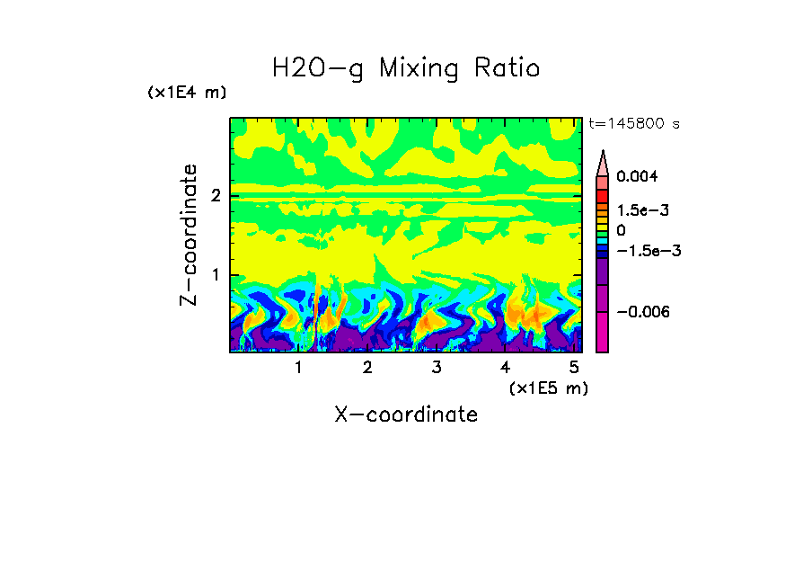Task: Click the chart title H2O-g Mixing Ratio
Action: pos(406,68)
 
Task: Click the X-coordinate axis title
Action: pos(406,414)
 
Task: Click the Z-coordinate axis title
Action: pos(189,235)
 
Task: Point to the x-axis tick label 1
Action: pos(298,368)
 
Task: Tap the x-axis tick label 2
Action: pos(367,368)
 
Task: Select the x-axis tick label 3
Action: pos(436,368)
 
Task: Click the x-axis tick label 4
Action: pos(505,368)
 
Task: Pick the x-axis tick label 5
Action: pos(573,368)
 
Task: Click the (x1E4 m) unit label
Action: pos(187,93)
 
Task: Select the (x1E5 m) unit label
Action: pos(548,388)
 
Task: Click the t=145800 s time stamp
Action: pos(633,124)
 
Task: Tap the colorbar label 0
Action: pos(621,231)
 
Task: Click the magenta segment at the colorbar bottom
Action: pos(603,333)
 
